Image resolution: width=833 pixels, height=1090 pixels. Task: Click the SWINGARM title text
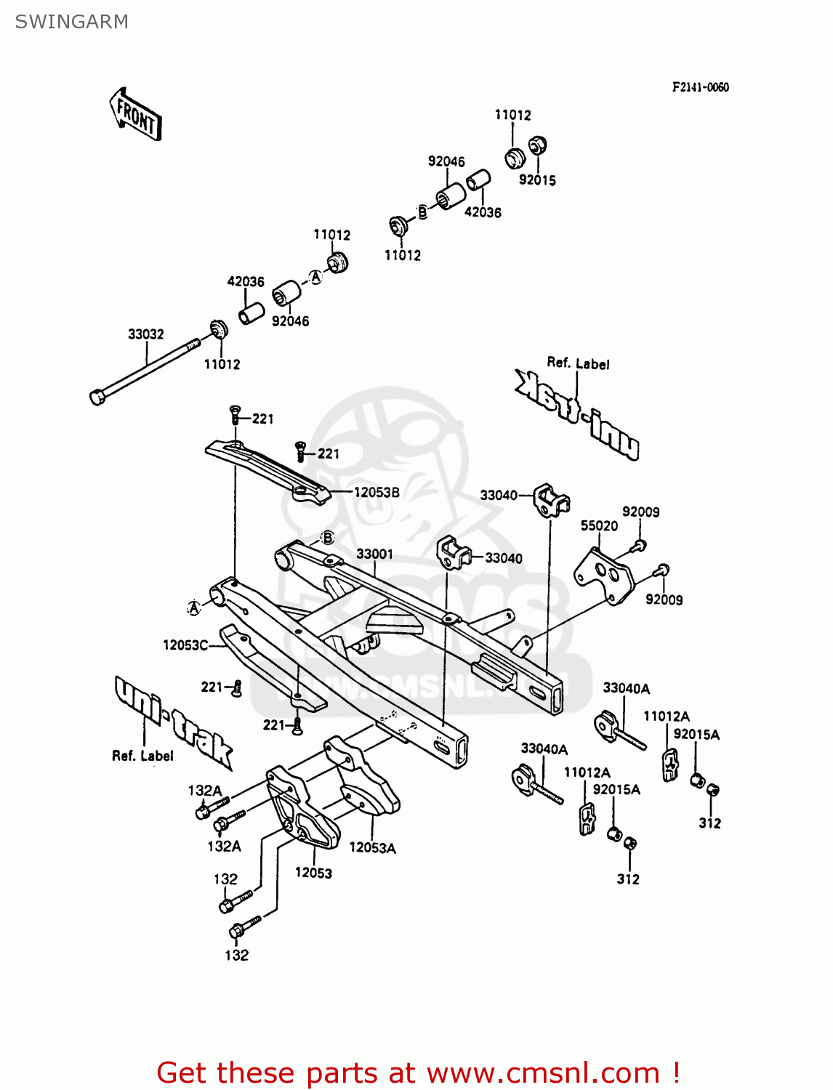pyautogui.click(x=71, y=22)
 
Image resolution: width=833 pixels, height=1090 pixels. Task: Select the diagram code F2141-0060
pyautogui.click(x=700, y=87)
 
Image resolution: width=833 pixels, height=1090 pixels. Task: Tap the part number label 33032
pyautogui.click(x=146, y=334)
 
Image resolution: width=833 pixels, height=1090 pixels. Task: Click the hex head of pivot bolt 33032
pyautogui.click(x=97, y=397)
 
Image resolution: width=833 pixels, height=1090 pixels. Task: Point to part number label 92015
pyautogui.click(x=537, y=180)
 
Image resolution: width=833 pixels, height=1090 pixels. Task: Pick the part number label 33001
pyautogui.click(x=374, y=554)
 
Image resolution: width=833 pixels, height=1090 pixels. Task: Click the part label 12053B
pyautogui.click(x=377, y=492)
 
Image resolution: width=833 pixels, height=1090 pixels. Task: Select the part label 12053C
pyautogui.click(x=185, y=645)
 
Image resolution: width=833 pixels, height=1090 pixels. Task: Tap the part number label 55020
pyautogui.click(x=599, y=525)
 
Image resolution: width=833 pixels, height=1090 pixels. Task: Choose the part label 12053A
pyautogui.click(x=372, y=847)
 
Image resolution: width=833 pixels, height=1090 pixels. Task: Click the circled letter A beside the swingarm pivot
pyautogui.click(x=194, y=607)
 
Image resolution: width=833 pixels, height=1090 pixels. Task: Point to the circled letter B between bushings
pyautogui.click(x=422, y=212)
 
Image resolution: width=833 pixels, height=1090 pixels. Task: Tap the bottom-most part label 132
pyautogui.click(x=236, y=955)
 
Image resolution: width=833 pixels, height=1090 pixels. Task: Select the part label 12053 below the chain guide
pyautogui.click(x=313, y=873)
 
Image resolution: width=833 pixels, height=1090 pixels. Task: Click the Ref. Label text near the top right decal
pyautogui.click(x=578, y=363)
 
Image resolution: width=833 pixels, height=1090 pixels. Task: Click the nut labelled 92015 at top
pyautogui.click(x=537, y=145)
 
